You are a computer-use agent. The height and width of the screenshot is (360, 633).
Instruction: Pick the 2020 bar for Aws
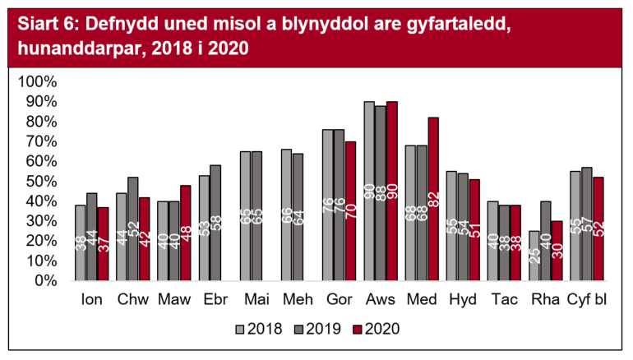[x=391, y=191]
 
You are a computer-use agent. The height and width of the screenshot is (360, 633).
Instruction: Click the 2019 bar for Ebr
[x=215, y=223]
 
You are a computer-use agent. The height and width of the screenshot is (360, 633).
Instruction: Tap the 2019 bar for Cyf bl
[x=585, y=224]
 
